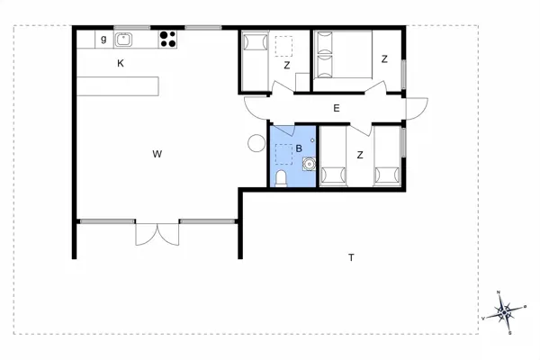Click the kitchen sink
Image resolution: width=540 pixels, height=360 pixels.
tap(123, 40)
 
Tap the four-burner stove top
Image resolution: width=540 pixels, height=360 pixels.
tap(167, 39)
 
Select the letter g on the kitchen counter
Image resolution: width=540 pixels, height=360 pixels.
tap(103, 39)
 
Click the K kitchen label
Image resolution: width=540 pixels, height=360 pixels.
tap(121, 63)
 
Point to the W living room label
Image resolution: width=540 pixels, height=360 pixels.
tap(157, 154)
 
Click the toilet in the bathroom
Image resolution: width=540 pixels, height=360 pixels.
tap(281, 178)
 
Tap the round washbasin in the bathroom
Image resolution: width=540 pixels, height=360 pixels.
tap(309, 164)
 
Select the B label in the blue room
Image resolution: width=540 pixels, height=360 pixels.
tap(299, 148)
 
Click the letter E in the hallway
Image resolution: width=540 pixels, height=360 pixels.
tap(337, 108)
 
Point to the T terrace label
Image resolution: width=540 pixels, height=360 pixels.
tap(351, 257)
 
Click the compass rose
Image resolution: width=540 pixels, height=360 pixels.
tap(505, 312)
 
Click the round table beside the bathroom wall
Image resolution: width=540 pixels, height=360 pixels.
tap(256, 142)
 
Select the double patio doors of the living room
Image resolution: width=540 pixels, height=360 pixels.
tap(157, 234)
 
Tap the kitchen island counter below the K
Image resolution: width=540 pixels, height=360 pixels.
tap(117, 86)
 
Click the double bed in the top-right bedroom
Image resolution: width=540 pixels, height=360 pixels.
tap(344, 54)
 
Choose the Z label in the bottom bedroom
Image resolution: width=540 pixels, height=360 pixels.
tap(360, 155)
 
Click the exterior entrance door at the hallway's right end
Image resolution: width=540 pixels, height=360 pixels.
tap(417, 109)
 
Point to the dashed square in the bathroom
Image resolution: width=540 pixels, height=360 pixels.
tap(284, 154)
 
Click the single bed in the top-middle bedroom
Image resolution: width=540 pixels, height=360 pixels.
tap(256, 60)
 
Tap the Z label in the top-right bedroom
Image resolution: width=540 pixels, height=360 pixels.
tap(384, 59)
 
